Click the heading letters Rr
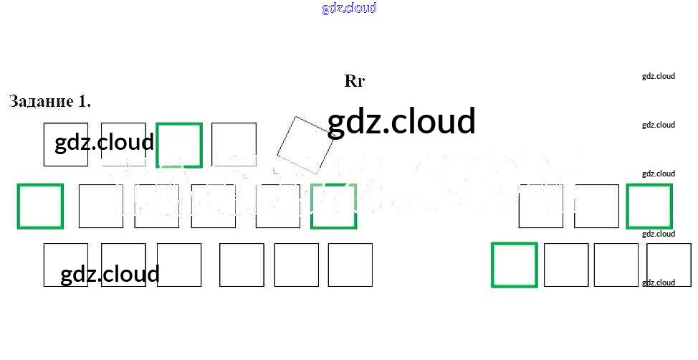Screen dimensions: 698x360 (355, 81)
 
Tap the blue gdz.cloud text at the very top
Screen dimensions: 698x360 (349, 9)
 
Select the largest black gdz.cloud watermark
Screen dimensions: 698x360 (401, 122)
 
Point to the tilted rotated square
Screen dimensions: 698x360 (305, 145)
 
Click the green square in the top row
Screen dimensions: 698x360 (179, 144)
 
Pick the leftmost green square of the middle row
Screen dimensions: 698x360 (40, 207)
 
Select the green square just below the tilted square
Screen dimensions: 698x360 (333, 207)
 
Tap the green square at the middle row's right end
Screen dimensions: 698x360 (649, 207)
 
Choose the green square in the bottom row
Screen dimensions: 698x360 (515, 265)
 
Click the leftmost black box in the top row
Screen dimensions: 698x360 (66, 144)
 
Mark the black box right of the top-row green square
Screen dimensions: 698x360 (234, 144)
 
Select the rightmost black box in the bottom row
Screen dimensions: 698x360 (669, 265)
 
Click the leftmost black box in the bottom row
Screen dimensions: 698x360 (66, 265)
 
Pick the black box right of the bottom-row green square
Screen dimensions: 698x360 (566, 265)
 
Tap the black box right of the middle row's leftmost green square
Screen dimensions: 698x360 (101, 207)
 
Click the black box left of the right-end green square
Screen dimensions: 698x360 (596, 207)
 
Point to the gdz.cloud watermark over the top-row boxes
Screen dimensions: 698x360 (105, 142)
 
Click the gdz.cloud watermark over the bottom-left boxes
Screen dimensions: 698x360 (110, 275)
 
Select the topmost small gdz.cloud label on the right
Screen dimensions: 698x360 (659, 76)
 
